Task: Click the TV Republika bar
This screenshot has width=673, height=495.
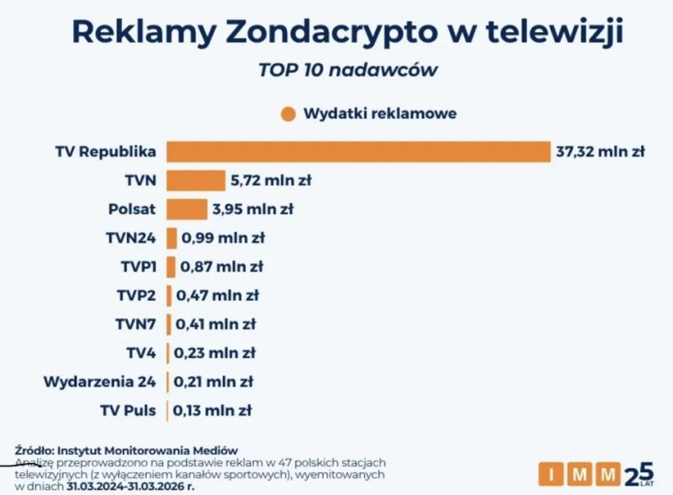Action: (x=358, y=151)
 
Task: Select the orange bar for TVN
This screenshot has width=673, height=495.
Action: (x=196, y=180)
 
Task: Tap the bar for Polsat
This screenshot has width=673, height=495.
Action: (x=187, y=209)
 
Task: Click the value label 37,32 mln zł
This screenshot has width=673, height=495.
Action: (x=600, y=151)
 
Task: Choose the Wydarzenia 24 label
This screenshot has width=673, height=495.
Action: (x=100, y=382)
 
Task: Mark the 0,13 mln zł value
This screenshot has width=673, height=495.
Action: (x=213, y=411)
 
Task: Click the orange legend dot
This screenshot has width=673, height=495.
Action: (x=289, y=113)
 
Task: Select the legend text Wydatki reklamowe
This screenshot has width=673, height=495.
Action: (x=379, y=113)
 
